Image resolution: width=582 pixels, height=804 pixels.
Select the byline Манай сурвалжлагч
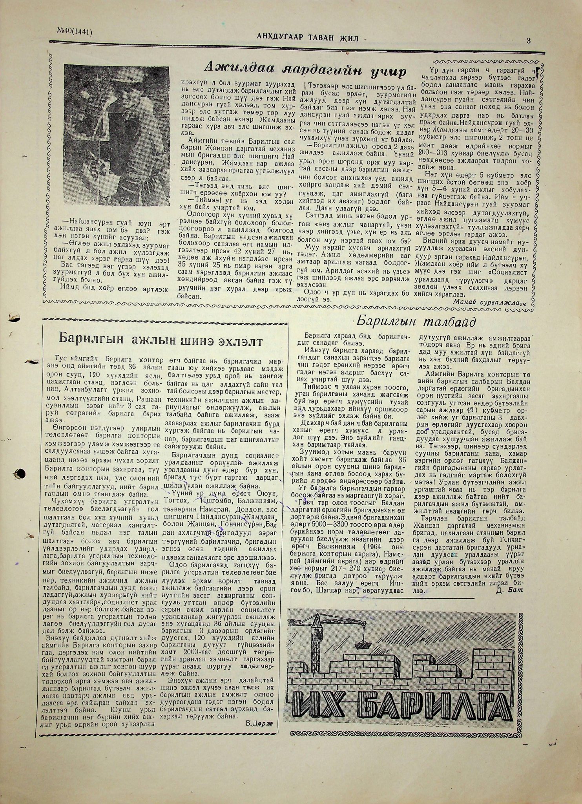tap(488, 301)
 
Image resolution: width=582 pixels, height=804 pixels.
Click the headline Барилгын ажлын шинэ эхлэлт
tap(160, 339)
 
